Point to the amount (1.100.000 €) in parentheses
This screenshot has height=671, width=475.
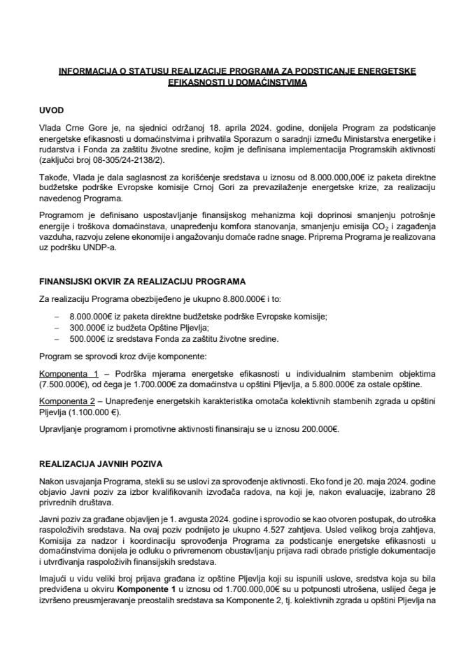coord(89,407)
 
